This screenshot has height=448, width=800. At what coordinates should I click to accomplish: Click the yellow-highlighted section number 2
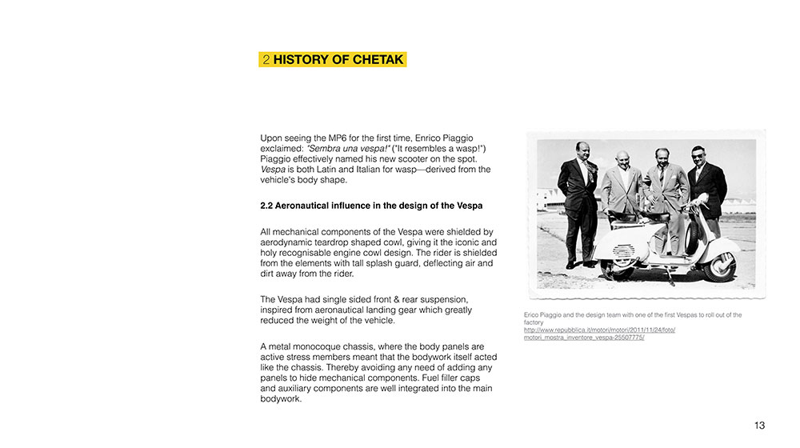266,60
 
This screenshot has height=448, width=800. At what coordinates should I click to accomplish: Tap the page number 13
759,425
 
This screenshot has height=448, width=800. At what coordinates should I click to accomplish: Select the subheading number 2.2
267,206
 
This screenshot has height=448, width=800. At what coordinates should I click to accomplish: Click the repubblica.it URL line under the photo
600,330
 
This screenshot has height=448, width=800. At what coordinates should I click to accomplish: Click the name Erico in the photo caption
532,314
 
